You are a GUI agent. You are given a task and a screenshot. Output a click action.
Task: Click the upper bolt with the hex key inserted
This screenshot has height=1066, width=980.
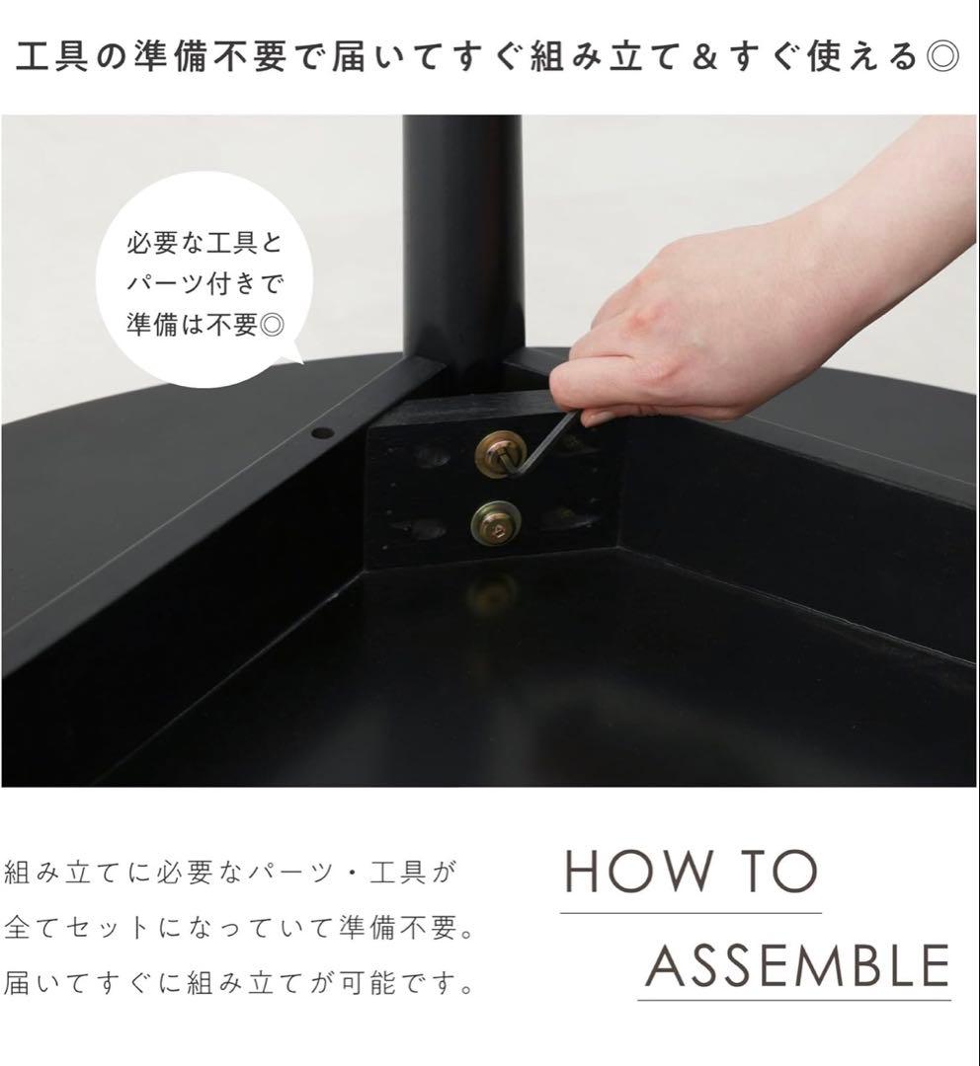point(495,456)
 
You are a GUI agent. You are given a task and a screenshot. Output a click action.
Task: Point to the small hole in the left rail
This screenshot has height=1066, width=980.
point(320,432)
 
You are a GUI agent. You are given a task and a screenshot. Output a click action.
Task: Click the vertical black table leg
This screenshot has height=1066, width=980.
point(462,237)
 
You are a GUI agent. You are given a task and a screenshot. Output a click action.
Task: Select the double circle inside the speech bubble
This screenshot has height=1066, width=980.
point(269,326)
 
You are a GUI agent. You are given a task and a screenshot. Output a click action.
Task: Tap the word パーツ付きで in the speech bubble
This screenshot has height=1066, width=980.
point(205,284)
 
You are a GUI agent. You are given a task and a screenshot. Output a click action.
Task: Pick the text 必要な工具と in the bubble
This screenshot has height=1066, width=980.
point(204,243)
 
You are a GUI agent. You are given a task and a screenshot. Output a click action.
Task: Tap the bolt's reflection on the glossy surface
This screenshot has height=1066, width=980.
point(491,592)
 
